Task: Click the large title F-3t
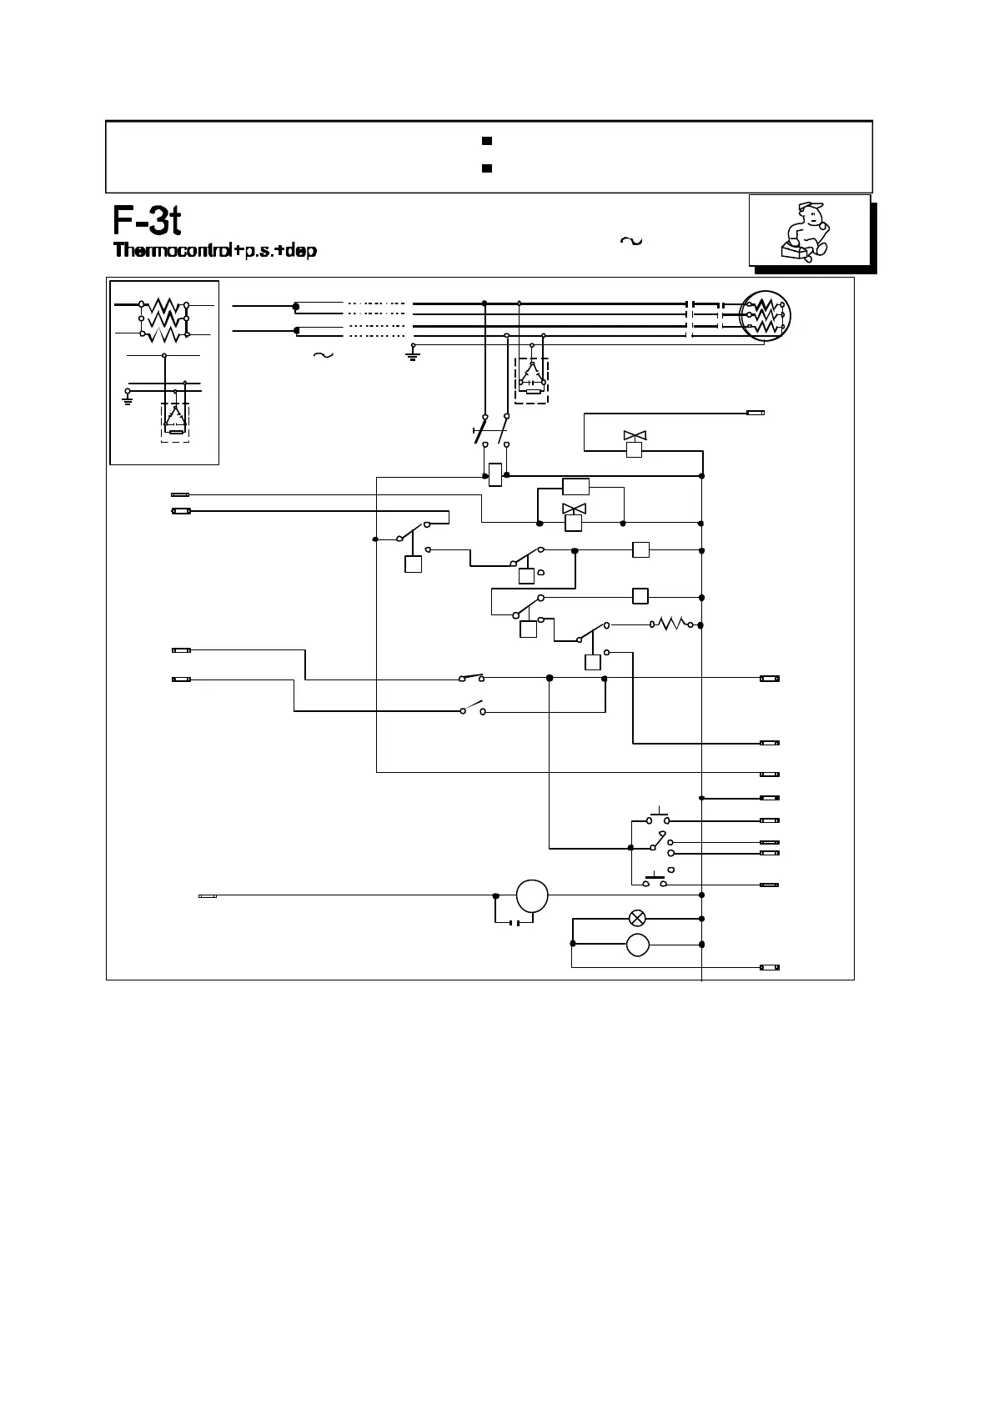click(148, 221)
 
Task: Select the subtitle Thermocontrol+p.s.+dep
click(215, 250)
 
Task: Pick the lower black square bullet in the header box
click(487, 168)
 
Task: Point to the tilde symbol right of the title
click(631, 241)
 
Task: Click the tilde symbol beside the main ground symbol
click(322, 355)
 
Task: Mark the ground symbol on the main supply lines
click(413, 354)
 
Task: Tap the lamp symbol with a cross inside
click(637, 919)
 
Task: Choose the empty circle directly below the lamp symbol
click(637, 945)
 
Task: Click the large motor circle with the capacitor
click(532, 896)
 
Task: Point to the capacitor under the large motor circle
click(515, 922)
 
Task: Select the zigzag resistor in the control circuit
click(671, 623)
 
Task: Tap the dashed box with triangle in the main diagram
click(531, 380)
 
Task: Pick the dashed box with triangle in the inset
click(175, 423)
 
